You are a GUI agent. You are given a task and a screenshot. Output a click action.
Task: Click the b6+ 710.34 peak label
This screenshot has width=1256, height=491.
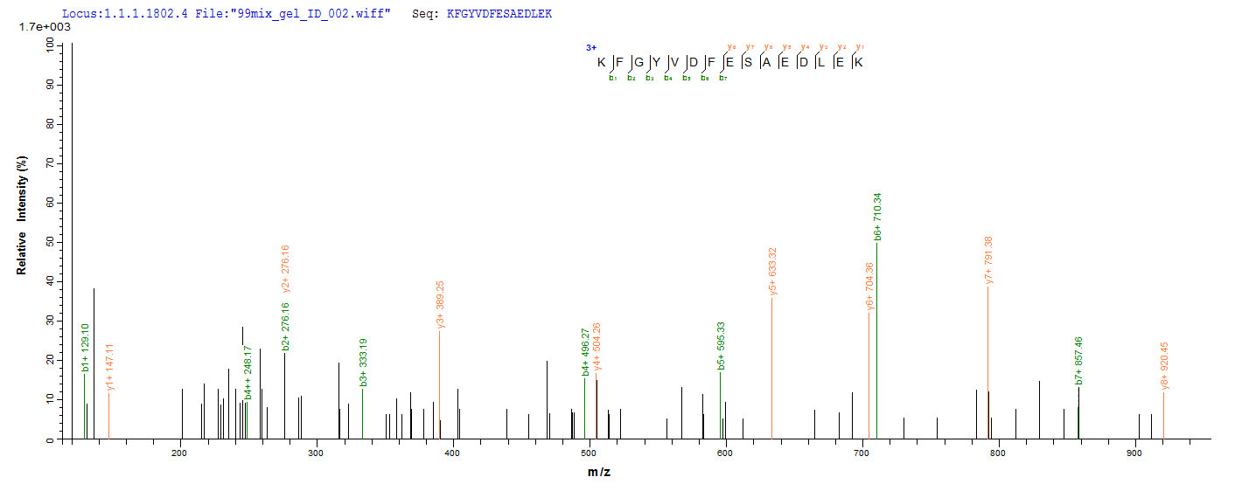[x=877, y=217]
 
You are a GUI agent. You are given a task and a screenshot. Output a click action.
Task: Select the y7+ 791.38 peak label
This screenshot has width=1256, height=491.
[x=988, y=260]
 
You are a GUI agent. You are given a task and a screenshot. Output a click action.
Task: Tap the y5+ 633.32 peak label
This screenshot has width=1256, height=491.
[x=773, y=271]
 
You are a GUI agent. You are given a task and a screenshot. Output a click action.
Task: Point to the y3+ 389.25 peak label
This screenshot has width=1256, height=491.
[x=441, y=305]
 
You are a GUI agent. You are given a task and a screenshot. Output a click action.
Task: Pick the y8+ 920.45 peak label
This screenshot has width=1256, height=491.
[x=1164, y=366]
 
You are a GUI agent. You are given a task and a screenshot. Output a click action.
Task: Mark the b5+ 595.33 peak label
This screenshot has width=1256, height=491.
[x=721, y=346]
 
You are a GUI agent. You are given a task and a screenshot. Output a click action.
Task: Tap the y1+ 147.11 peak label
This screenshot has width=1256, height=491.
[x=109, y=367]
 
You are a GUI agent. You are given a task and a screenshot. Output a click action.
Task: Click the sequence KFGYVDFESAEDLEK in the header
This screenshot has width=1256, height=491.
[x=499, y=15]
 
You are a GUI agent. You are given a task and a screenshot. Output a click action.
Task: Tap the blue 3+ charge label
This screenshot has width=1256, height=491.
[x=591, y=49]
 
